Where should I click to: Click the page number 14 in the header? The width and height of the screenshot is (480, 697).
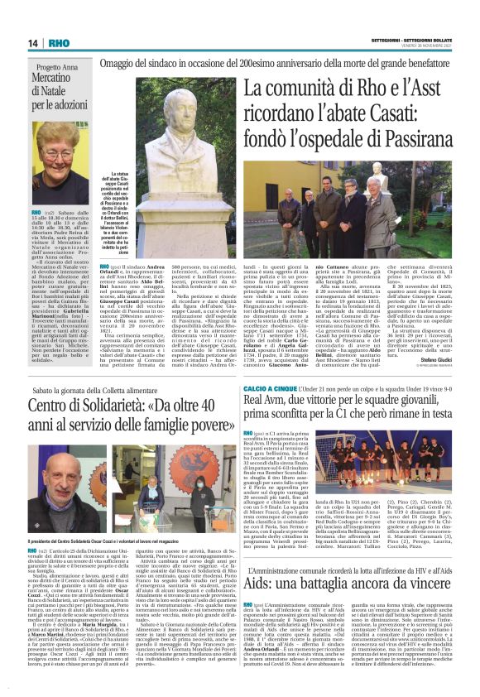(34, 42)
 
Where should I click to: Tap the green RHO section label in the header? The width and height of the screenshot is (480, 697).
(60, 42)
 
